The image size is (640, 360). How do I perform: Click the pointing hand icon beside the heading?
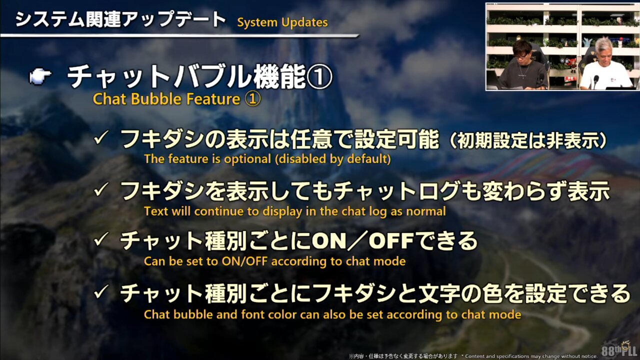tap(40, 76)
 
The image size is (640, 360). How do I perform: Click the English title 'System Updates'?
tap(282, 22)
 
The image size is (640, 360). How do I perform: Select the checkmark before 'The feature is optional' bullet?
tap(101, 137)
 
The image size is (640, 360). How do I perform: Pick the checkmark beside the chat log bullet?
tap(101, 189)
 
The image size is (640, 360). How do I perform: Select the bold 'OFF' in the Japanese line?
tap(391, 241)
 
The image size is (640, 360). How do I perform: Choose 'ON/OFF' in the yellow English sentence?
tap(246, 261)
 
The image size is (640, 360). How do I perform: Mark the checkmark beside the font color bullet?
tap(101, 292)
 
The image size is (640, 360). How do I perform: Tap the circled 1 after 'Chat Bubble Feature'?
tap(253, 99)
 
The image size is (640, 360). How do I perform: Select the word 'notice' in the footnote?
tap(589, 356)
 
